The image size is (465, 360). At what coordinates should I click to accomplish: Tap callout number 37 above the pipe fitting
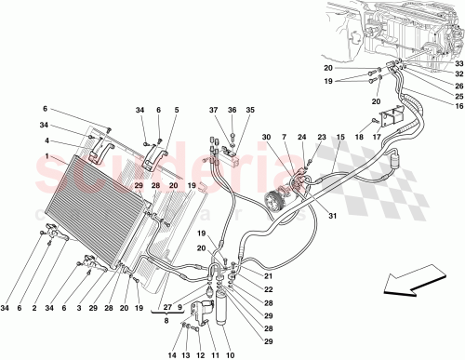[213, 111]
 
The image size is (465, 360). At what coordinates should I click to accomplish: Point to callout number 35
[248, 111]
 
